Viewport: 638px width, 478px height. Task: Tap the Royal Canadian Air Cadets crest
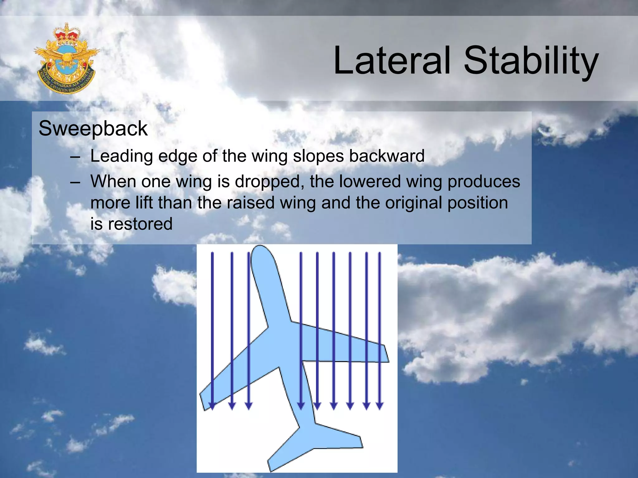(x=66, y=59)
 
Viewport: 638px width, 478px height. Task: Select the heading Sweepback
(x=93, y=129)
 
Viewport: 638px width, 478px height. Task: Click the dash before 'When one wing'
(x=75, y=182)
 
